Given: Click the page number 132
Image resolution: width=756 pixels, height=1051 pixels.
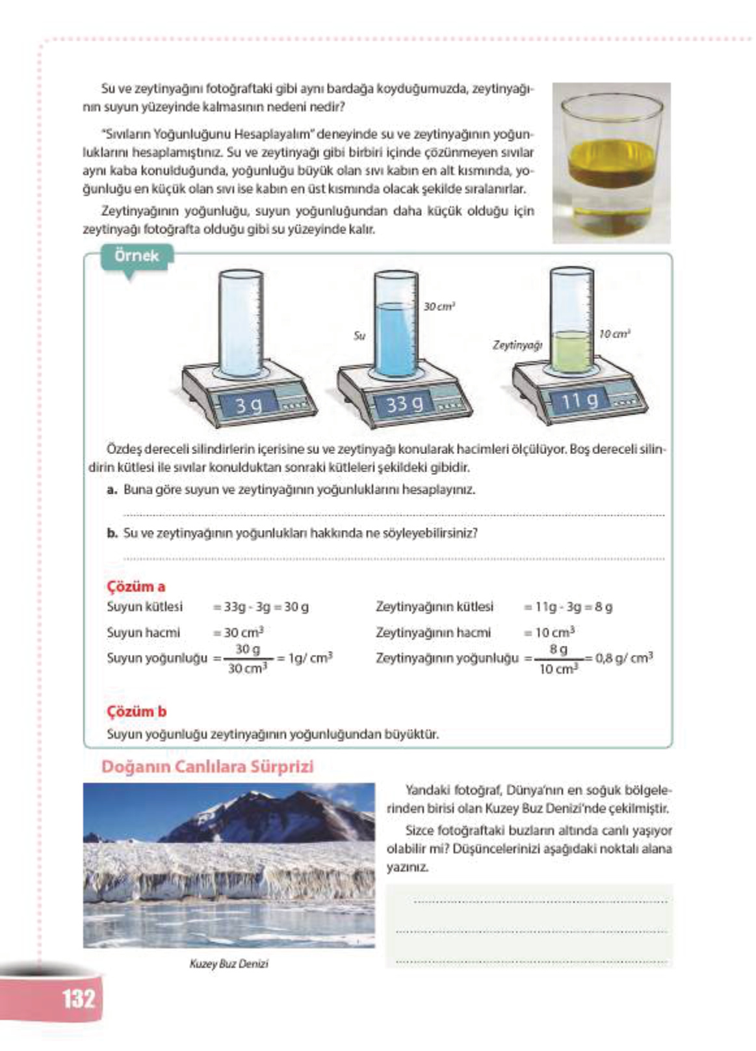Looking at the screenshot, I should pos(78,998).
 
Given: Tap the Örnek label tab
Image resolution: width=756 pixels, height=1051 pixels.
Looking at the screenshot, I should pos(137,256).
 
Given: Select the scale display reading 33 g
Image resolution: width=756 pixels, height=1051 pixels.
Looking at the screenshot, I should pos(404,405).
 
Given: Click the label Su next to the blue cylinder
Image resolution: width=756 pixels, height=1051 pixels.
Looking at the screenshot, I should pos(359,336).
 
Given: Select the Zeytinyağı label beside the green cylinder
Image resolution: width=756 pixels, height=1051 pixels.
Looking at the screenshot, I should pos(517,345).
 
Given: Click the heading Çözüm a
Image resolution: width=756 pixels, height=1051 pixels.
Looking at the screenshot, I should pos(136,586).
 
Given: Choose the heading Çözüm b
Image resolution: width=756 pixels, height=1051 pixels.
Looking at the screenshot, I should pos(137,711).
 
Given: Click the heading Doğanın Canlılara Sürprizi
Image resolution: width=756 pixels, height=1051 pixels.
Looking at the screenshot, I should pos(207,766).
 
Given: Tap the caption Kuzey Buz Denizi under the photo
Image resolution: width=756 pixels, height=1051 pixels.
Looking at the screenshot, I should pos(229,963).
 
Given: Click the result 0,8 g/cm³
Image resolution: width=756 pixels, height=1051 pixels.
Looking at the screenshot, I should pos(623,657).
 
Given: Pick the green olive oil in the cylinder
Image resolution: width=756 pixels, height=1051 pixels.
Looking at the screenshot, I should pos(571,351).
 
